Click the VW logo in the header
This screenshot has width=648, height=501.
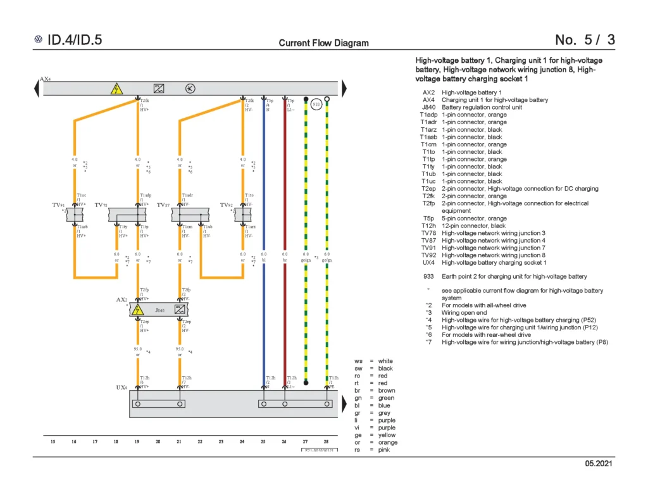click(x=39, y=40)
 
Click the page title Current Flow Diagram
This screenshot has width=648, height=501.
click(x=323, y=43)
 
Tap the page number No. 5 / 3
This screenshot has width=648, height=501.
click(x=584, y=40)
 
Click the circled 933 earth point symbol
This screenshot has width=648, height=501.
click(x=317, y=105)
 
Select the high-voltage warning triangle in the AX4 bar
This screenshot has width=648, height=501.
click(x=116, y=89)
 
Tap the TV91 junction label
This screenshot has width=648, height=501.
click(x=58, y=205)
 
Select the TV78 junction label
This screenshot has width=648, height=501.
click(x=101, y=205)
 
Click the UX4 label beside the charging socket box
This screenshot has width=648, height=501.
click(x=121, y=387)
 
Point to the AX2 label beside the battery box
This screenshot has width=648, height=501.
click(x=122, y=300)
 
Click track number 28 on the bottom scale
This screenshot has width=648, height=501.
click(x=326, y=441)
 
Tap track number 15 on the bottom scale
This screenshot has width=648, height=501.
click(x=53, y=441)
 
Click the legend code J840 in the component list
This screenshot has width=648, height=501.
click(x=428, y=107)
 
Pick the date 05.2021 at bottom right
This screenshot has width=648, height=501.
click(x=599, y=465)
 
